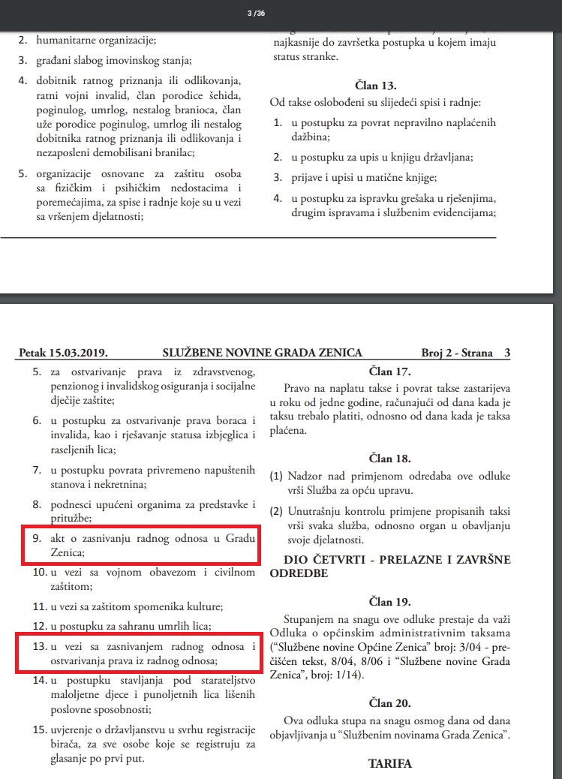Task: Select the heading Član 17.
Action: point(390,370)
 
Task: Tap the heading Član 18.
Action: point(390,457)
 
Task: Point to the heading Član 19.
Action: point(390,602)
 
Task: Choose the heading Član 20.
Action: point(390,703)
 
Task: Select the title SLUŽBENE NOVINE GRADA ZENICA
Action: point(262,353)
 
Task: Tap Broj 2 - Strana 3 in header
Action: point(465,353)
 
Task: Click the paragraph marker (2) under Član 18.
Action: point(275,511)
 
